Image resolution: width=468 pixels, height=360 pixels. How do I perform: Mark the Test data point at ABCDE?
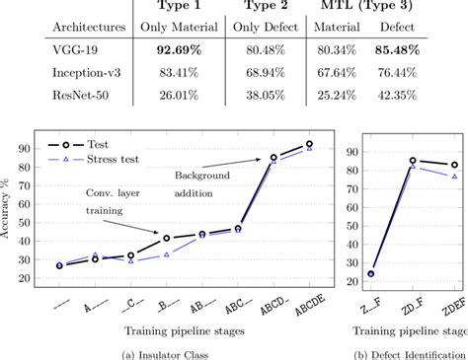click(310, 144)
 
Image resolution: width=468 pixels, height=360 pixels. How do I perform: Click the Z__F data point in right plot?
click(371, 273)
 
